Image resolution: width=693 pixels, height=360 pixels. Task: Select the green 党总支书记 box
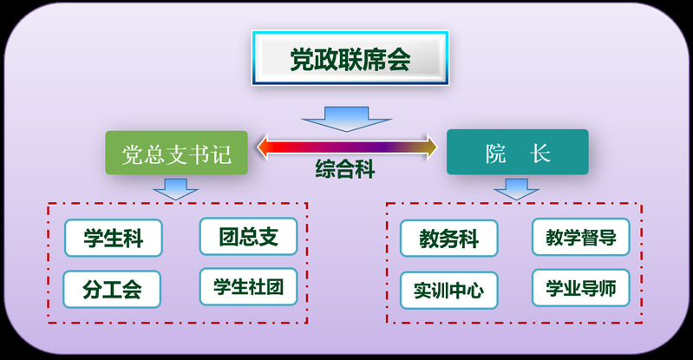(x=177, y=153)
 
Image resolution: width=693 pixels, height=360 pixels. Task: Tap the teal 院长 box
(x=517, y=153)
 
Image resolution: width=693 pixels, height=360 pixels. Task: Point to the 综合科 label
(x=344, y=169)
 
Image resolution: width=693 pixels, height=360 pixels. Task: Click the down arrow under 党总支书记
(x=175, y=188)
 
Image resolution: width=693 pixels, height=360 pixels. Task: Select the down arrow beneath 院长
(x=517, y=188)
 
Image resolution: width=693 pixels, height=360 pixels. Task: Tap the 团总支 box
(x=248, y=237)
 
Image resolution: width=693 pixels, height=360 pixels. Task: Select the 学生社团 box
(x=248, y=285)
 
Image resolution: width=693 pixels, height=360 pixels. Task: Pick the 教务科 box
(x=448, y=239)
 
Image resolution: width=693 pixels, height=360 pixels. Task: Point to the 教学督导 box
(x=580, y=237)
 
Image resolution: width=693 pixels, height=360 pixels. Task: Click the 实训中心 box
(x=448, y=290)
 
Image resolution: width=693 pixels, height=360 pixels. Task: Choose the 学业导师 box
(x=580, y=287)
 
